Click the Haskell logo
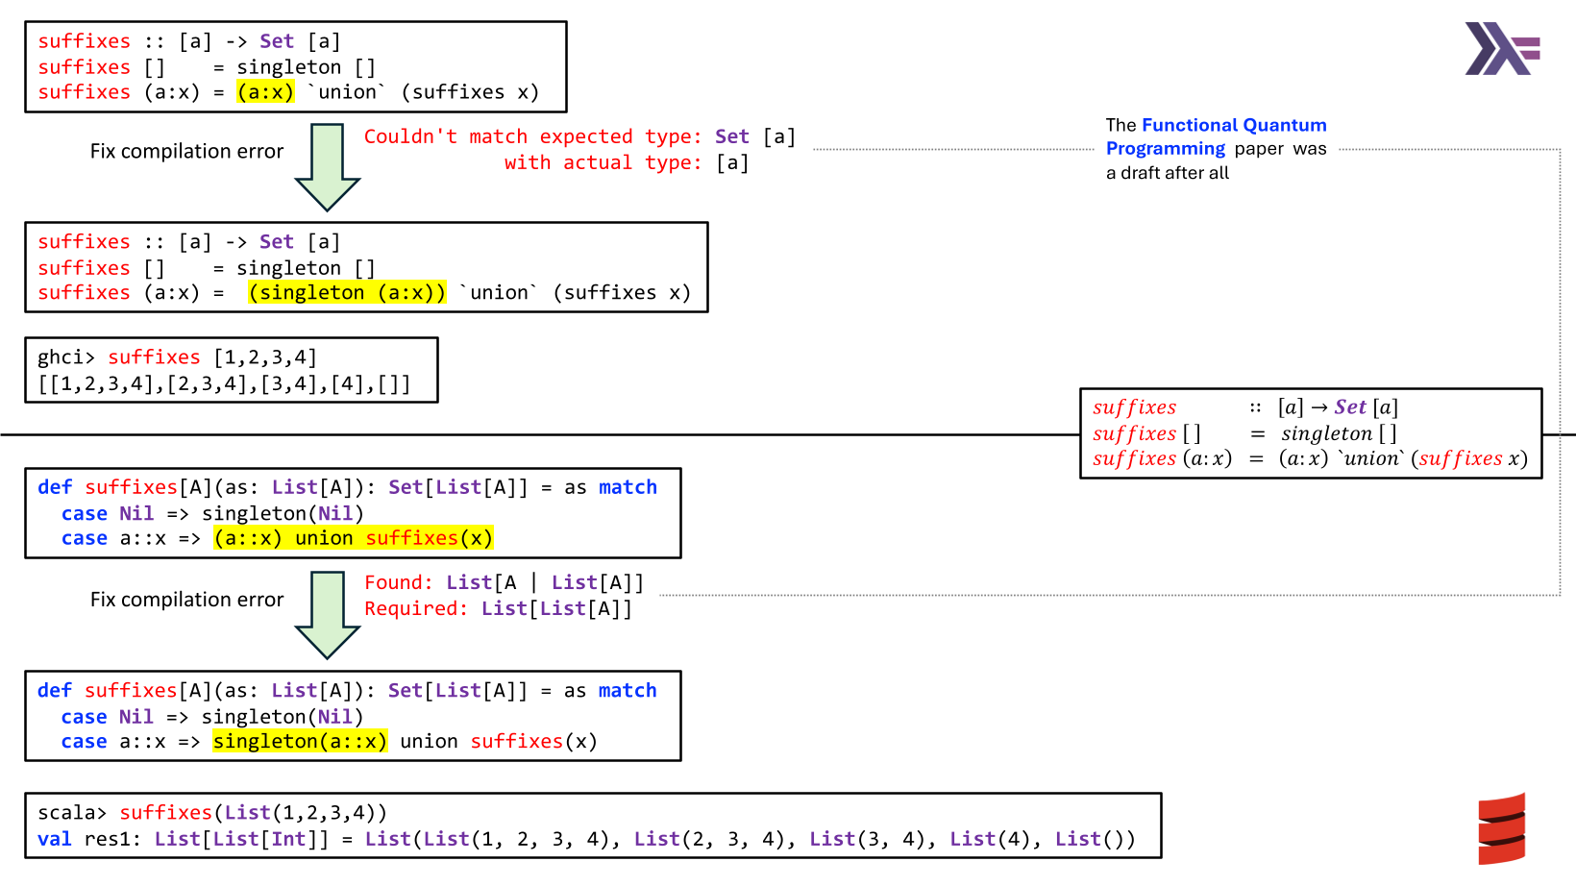click(x=1501, y=49)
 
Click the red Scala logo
click(x=1501, y=828)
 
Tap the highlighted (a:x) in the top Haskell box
click(x=266, y=92)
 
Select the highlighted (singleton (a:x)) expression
click(x=347, y=293)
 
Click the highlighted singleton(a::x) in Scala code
click(x=300, y=742)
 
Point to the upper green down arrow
click(x=328, y=165)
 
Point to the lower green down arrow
click(x=328, y=614)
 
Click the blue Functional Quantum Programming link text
click(x=1216, y=136)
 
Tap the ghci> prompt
click(x=66, y=357)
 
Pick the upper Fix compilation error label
click(x=186, y=152)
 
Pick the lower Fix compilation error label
click(x=186, y=600)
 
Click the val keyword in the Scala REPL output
click(x=54, y=840)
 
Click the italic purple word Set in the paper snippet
click(x=1350, y=407)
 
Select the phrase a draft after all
click(x=1168, y=174)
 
